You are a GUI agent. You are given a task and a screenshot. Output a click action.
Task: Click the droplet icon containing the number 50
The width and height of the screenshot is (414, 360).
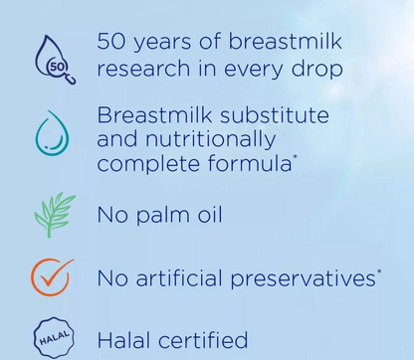pyautogui.click(x=54, y=59)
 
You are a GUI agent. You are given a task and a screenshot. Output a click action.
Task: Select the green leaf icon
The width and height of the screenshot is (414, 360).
pyautogui.click(x=54, y=214)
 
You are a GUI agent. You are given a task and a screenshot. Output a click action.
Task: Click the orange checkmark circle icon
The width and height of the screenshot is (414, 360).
pyautogui.click(x=54, y=277)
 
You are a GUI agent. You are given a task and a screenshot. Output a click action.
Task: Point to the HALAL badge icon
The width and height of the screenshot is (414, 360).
pyautogui.click(x=54, y=339)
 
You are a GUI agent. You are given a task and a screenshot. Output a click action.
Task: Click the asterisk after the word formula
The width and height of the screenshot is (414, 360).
pyautogui.click(x=296, y=156)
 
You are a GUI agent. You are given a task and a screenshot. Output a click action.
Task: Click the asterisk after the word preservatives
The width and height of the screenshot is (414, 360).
pyautogui.click(x=379, y=270)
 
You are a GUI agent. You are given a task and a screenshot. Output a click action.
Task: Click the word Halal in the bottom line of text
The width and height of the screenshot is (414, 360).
pyautogui.click(x=124, y=339)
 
